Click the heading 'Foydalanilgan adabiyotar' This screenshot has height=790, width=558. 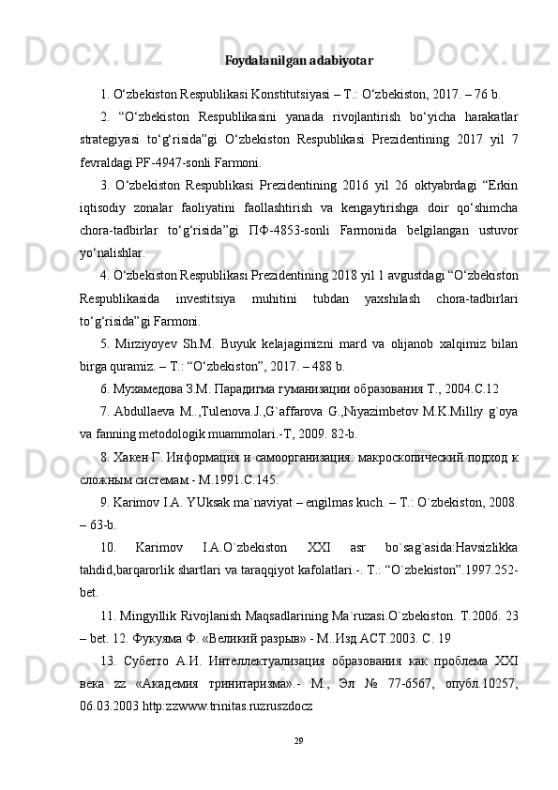click(299, 61)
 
